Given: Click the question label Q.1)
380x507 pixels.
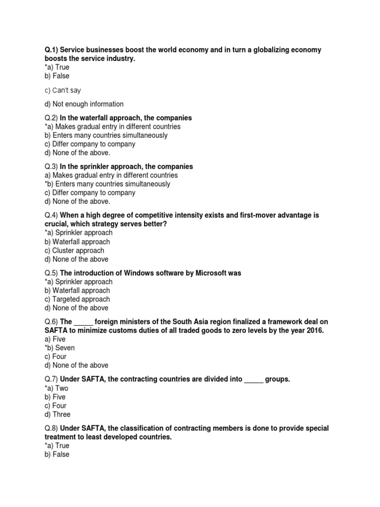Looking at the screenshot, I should pos(51,50).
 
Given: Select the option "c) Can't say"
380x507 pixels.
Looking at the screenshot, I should pos(62,91).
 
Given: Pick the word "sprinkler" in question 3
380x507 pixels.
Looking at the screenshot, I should pos(105,166).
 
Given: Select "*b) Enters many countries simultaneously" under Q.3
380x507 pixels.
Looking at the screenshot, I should pos(107,184).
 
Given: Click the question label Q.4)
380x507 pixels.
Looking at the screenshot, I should pos(51,215).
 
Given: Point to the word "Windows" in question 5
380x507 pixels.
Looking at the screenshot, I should pos(134,273).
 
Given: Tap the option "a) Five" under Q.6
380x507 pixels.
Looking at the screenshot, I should pos(55,339).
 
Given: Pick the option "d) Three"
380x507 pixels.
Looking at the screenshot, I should pos(57,414).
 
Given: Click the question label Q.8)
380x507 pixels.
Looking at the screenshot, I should pos(51,428).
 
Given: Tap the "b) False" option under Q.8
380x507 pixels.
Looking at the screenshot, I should pos(57,454).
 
